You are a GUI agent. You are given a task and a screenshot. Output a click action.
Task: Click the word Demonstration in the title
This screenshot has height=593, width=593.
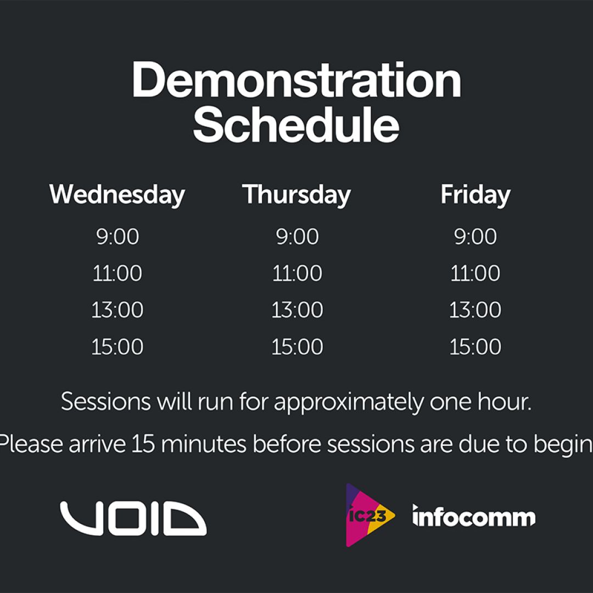point(296,80)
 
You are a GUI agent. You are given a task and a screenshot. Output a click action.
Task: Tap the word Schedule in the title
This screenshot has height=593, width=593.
point(296,124)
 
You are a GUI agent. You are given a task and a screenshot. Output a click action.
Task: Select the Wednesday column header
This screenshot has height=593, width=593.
point(118,195)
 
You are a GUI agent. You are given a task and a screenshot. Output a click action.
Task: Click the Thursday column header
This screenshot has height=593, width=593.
point(296,195)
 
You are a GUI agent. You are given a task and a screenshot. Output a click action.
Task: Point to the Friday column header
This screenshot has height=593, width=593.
point(475,195)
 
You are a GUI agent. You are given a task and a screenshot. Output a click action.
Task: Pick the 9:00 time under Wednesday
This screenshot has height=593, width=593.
point(118,237)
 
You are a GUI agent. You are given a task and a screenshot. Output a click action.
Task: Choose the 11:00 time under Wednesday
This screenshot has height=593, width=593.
point(118,273)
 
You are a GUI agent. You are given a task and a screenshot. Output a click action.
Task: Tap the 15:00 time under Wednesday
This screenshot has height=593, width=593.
point(118,346)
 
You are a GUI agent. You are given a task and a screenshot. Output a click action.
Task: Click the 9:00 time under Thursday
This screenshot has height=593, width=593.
point(297,237)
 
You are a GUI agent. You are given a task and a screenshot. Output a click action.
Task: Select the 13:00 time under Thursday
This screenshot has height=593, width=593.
point(297,310)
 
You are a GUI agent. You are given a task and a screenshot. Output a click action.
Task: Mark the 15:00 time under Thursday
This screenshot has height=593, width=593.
point(297,346)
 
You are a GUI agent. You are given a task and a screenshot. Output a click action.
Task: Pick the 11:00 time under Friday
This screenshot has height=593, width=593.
point(475,273)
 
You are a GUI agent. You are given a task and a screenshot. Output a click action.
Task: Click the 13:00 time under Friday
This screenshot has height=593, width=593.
point(475,310)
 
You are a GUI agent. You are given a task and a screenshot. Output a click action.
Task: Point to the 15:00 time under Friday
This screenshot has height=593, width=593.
point(475,346)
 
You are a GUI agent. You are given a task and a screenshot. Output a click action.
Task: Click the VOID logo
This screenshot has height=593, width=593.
point(133,518)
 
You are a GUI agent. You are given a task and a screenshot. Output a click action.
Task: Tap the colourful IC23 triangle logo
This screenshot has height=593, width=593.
point(369,515)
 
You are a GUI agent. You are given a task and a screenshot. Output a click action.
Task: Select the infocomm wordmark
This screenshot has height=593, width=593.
point(474,516)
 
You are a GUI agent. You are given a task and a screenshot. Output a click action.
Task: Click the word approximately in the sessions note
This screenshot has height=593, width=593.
point(349,403)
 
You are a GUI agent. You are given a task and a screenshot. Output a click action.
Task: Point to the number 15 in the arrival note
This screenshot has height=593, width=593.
point(143,444)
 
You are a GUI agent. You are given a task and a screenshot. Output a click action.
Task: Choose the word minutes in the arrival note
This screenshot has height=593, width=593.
point(204,444)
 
